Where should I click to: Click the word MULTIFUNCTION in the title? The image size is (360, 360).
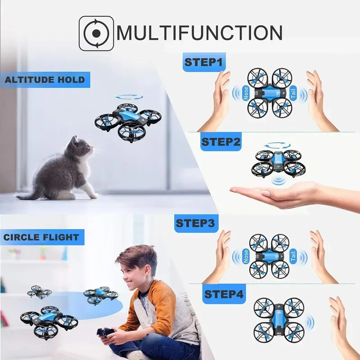[200, 32]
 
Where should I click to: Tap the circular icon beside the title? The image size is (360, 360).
[96, 32]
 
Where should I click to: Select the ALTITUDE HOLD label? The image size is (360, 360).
[45, 80]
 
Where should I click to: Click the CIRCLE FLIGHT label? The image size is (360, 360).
[41, 237]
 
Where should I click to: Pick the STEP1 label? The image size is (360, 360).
[204, 63]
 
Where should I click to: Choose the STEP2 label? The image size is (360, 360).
[221, 142]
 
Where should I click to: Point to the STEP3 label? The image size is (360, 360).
[195, 223]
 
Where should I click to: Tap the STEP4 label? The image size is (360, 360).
[224, 295]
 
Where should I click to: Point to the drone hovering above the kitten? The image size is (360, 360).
[128, 121]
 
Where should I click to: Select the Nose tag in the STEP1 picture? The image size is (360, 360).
[246, 93]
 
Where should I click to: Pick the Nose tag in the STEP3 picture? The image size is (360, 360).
[246, 256]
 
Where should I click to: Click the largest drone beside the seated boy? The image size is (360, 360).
[49, 319]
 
